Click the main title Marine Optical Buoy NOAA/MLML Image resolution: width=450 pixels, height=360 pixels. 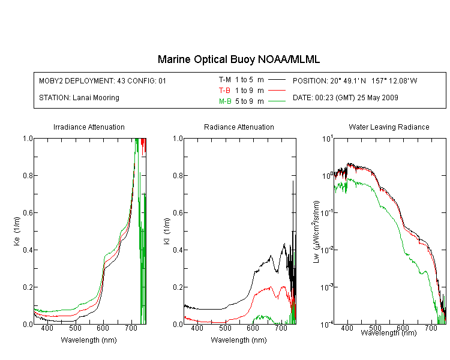(x=238, y=59)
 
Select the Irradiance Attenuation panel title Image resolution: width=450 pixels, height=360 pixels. (x=89, y=127)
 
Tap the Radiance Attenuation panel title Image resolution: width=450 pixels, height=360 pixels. (x=239, y=127)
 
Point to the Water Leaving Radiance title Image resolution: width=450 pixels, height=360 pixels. (x=389, y=127)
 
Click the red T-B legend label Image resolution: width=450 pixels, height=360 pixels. (x=224, y=91)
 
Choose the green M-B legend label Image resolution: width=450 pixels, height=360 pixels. (x=225, y=101)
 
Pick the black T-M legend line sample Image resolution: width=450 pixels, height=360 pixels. (x=277, y=80)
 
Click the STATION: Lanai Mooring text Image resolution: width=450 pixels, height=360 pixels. (x=79, y=98)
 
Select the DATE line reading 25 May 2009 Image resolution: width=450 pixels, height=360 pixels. (x=345, y=98)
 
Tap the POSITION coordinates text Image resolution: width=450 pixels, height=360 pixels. (x=355, y=80)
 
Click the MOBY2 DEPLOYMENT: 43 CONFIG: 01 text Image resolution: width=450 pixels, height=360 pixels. (x=103, y=80)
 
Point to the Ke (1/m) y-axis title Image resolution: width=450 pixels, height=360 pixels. (x=17, y=231)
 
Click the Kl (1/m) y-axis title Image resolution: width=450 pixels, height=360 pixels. (x=167, y=231)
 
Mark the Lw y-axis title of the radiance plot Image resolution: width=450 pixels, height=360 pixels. (x=316, y=232)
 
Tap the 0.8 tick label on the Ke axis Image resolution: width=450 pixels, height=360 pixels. (x=28, y=175)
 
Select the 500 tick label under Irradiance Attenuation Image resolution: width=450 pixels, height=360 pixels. (x=75, y=328)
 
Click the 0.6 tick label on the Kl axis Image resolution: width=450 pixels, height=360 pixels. (x=178, y=213)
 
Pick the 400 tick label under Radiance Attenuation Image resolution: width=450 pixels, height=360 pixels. (x=197, y=328)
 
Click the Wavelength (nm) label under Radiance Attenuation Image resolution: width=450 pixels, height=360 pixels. (x=239, y=340)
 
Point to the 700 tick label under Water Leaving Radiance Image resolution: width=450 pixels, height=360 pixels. (x=431, y=328)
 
